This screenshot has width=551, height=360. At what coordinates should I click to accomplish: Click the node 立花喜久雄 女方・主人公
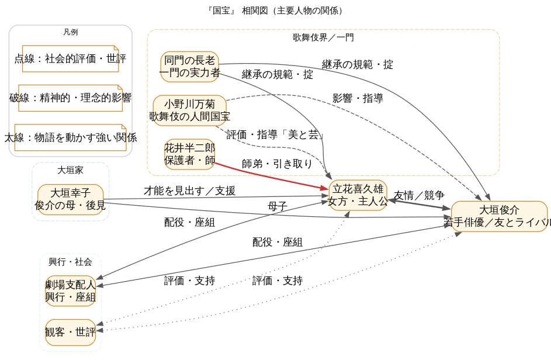[358, 195]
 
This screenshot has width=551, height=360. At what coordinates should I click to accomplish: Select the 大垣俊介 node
[499, 216]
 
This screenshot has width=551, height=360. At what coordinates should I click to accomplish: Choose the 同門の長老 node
[189, 66]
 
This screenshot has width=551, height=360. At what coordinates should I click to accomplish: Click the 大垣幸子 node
[70, 199]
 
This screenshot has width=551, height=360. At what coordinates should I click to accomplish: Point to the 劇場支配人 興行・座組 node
[70, 290]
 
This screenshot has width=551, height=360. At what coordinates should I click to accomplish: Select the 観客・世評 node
[70, 332]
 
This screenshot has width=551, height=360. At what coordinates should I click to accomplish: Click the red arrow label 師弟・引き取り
[277, 164]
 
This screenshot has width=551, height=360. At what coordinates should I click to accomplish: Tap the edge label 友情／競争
[418, 195]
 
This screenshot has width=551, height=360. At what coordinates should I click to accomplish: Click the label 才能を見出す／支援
[189, 191]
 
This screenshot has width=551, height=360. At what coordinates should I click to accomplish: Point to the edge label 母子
[277, 206]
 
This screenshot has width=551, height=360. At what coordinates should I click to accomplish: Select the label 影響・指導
[358, 98]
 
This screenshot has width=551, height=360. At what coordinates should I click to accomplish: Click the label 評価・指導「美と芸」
[275, 134]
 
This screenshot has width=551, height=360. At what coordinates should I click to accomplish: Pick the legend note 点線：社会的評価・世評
[70, 58]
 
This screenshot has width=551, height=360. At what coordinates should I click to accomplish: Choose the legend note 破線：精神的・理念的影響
[70, 98]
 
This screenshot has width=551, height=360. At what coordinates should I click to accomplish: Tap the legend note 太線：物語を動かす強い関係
[70, 137]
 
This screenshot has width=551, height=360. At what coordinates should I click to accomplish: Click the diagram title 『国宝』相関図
[275, 11]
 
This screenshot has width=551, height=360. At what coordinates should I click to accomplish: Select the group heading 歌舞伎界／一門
[323, 37]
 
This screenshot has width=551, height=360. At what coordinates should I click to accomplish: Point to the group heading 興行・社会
[70, 262]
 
